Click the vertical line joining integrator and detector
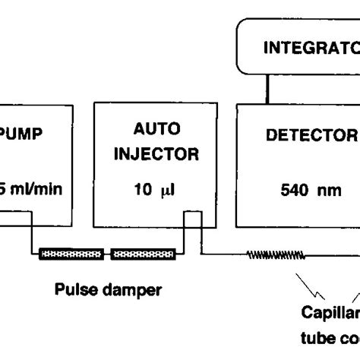tap(267, 90)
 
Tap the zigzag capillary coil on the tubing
tap(273, 254)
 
